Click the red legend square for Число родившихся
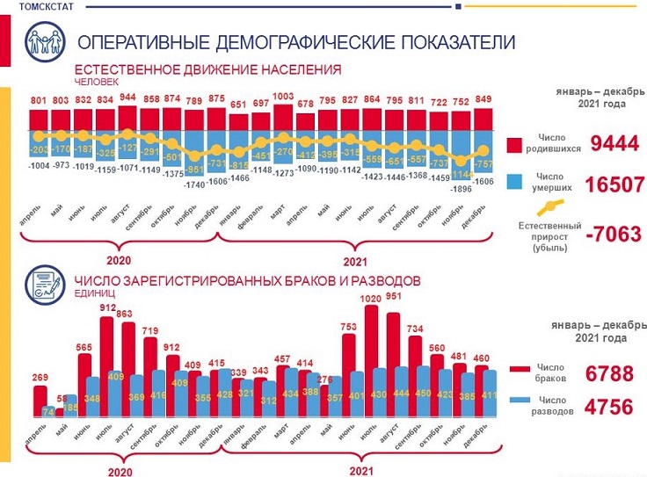pos(516,145)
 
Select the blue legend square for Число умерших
pos(516,182)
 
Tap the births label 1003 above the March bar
pos(283,98)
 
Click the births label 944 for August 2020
pos(127,98)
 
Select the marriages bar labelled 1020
pos(372,351)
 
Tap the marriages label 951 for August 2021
pos(394,296)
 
